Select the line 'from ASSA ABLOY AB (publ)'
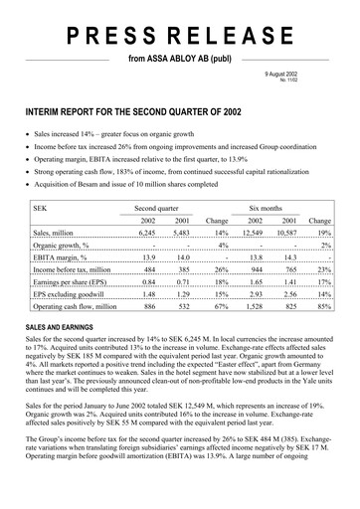pos(180,61)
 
